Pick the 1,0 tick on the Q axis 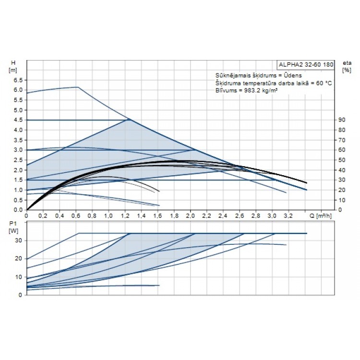tap(108, 216)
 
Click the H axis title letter tap(13, 63)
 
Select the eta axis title tap(346, 63)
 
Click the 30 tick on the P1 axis tap(19, 240)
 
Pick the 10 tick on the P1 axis tap(19, 277)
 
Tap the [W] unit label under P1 tap(12, 230)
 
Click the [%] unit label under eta tap(346, 70)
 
